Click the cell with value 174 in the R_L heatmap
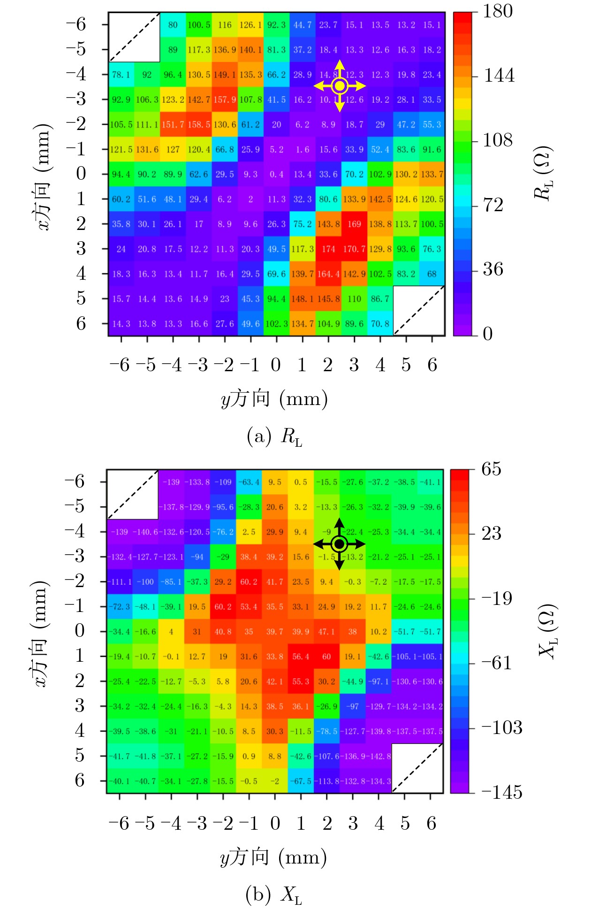tap(328, 249)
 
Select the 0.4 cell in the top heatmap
tap(276, 174)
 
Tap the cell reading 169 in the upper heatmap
tap(354, 224)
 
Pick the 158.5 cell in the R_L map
tap(199, 124)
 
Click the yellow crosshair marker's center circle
tap(340, 86)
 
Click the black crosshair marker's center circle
tap(339, 544)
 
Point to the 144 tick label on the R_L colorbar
tap(499, 76)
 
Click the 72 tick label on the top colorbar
tap(493, 205)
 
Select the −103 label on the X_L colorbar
tap(501, 727)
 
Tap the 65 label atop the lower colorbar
tap(491, 469)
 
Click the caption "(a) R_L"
tap(274, 437)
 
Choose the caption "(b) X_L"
tap(273, 895)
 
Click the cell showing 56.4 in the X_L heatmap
tap(301, 656)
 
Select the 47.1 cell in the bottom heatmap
tap(326, 631)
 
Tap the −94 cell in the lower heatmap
tap(197, 557)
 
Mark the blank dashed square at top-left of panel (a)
tap(134, 37)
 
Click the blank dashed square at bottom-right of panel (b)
tap(417, 768)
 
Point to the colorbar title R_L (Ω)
tap(544, 174)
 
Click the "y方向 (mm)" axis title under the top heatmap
tap(274, 399)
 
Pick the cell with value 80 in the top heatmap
tap(173, 25)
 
